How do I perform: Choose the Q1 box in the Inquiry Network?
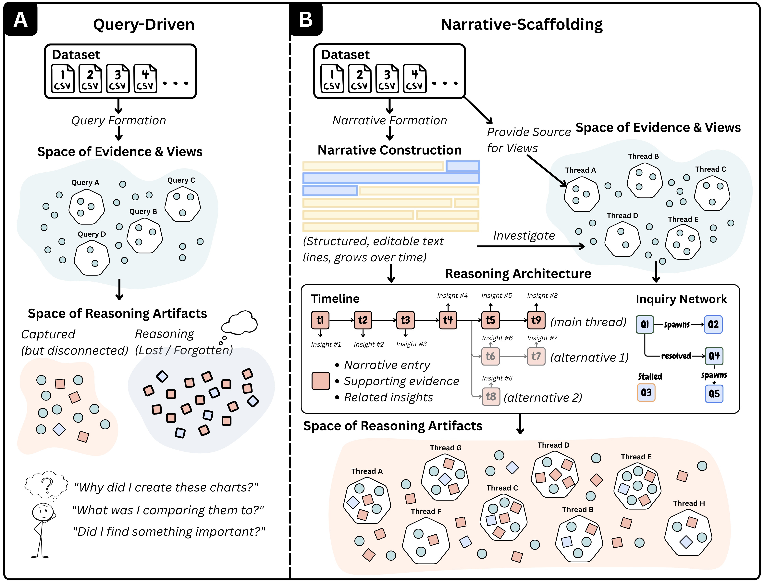(645, 324)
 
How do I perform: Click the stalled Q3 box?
(646, 392)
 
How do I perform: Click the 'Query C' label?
(181, 180)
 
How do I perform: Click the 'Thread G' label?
(446, 448)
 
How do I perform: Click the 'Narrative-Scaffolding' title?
(522, 24)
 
